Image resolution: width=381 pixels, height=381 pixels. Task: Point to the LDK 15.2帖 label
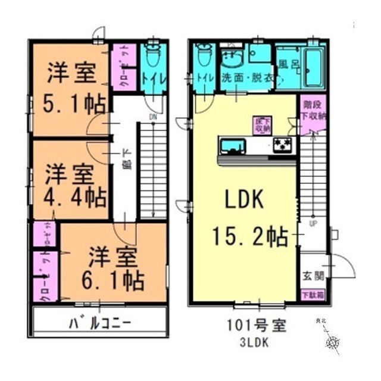click(x=243, y=218)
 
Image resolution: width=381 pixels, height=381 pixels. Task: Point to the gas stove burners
click(x=282, y=144)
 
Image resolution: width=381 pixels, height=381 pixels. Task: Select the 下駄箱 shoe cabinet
click(x=308, y=295)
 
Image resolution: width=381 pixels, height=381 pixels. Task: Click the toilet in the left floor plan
click(x=153, y=60)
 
